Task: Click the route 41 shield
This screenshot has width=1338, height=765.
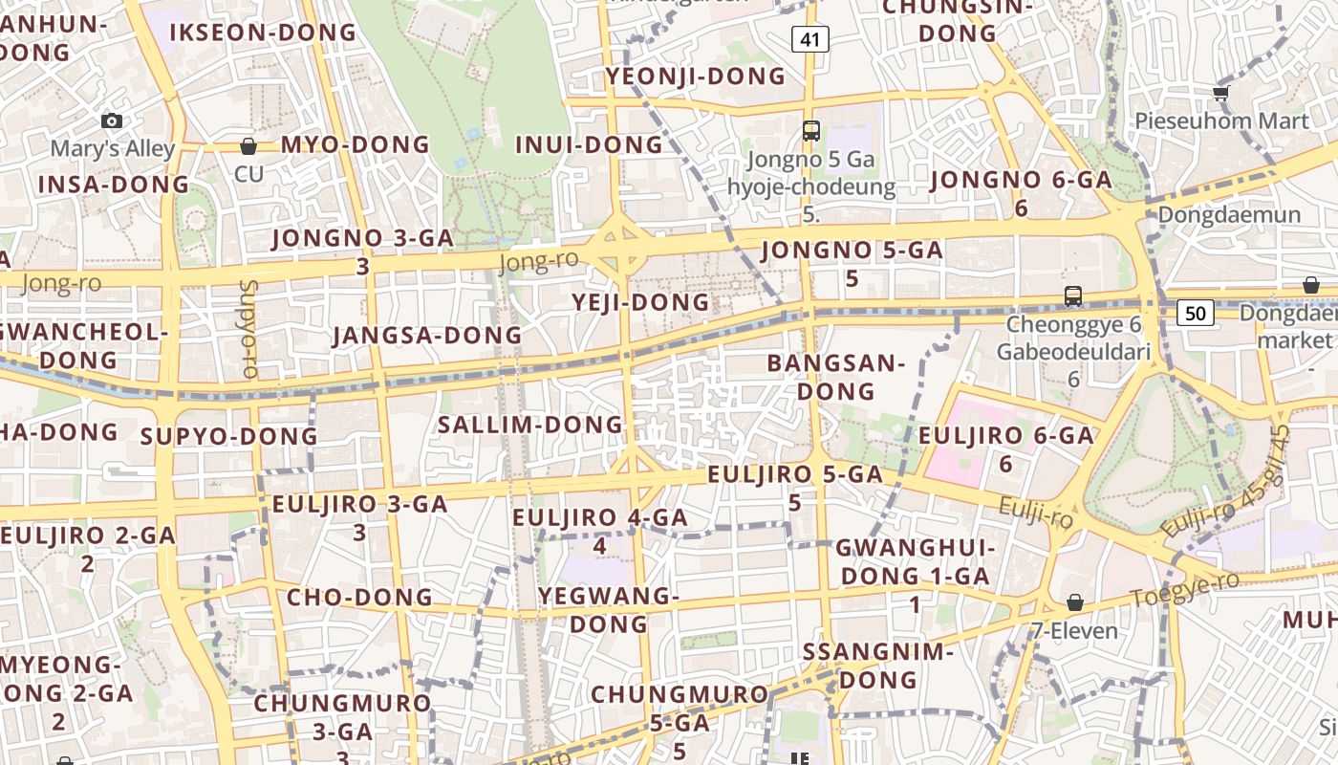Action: [809, 39]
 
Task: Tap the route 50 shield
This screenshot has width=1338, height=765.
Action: [1196, 312]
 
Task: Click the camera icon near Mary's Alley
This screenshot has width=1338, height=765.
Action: [112, 120]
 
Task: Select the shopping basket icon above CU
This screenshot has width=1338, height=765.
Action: [248, 146]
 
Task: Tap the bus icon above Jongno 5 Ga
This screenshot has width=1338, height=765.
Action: [810, 131]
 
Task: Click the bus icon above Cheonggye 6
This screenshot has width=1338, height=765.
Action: [1073, 296]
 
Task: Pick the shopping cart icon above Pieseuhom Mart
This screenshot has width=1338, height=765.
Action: [1220, 93]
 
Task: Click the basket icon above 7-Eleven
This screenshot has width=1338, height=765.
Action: [1075, 602]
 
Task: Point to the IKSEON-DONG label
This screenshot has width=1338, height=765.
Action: [262, 33]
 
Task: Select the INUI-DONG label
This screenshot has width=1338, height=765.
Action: [589, 144]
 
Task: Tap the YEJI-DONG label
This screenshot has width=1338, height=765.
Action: [641, 302]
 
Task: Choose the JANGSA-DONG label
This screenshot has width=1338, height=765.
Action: [427, 336]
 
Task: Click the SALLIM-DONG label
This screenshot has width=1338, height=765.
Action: [529, 425]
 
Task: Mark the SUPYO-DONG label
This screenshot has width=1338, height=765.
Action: [228, 437]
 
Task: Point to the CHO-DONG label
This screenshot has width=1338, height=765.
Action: [359, 598]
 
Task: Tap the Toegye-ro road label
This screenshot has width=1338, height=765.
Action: [1184, 588]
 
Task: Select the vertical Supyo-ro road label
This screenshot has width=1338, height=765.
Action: [249, 329]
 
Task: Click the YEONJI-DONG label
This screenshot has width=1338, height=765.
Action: [695, 76]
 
